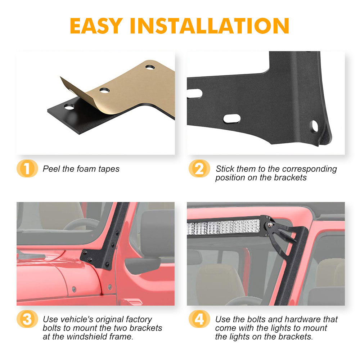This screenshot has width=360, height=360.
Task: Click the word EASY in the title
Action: (x=96, y=26)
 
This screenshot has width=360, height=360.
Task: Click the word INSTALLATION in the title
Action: (x=210, y=26)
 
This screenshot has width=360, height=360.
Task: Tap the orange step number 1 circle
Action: (x=27, y=168)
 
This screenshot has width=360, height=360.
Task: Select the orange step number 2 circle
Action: (x=199, y=168)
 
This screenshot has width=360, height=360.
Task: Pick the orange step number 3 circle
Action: (x=27, y=319)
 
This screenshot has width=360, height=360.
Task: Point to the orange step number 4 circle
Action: (x=199, y=319)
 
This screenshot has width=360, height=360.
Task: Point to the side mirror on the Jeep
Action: (x=142, y=266)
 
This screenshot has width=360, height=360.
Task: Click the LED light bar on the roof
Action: (x=224, y=227)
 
